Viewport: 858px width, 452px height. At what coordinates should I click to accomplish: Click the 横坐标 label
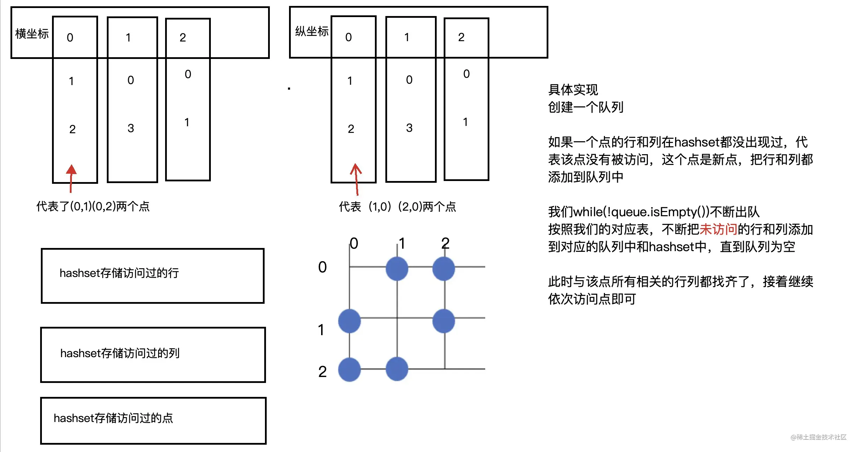click(x=32, y=34)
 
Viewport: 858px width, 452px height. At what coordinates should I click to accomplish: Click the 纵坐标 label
click(x=312, y=31)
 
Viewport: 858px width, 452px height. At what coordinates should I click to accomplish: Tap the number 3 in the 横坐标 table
click(x=131, y=128)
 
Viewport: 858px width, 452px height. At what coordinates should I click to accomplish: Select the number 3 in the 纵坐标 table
click(x=409, y=128)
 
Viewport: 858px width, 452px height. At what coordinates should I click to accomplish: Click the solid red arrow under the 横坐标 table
click(x=71, y=178)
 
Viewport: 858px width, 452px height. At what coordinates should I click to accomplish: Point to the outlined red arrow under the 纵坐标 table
click(x=356, y=179)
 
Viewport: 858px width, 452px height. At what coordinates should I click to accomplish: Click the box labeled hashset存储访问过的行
click(x=153, y=276)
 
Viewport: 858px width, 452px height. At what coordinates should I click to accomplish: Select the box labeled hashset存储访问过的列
click(x=153, y=355)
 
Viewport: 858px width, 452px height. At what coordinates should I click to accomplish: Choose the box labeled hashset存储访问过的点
click(x=153, y=421)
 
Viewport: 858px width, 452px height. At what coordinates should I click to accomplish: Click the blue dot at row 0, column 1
click(x=397, y=269)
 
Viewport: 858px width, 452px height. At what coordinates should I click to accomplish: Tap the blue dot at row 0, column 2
click(x=444, y=269)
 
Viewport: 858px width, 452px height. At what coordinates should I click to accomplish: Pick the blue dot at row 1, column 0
click(x=349, y=321)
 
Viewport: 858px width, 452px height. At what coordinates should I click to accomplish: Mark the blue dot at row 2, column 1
click(x=397, y=369)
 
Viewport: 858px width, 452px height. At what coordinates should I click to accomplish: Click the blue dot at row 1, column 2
click(x=444, y=321)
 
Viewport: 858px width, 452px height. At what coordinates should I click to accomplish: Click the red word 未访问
click(x=718, y=229)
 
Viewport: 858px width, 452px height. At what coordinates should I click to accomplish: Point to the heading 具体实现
click(x=573, y=90)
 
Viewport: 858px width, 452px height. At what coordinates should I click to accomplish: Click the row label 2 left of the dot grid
click(x=322, y=372)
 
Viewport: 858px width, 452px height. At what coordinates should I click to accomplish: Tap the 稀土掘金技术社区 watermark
click(x=819, y=437)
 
